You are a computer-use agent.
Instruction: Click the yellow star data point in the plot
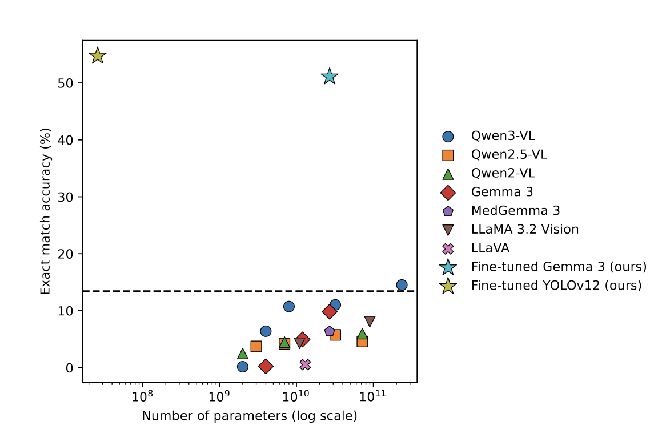tap(98, 55)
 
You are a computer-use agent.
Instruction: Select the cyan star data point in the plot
tap(329, 76)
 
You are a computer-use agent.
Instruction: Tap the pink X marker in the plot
tap(305, 364)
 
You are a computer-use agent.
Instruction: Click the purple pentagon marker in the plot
tap(330, 331)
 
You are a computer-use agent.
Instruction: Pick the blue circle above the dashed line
tap(402, 285)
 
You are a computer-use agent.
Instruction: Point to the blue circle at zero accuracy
tap(243, 367)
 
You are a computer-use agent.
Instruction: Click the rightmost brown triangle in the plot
tap(370, 322)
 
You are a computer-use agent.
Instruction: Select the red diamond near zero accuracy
tap(266, 366)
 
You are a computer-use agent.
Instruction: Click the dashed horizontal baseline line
tap(171, 291)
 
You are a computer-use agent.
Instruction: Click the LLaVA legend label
tap(490, 248)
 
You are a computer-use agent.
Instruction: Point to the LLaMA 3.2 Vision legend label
tap(524, 230)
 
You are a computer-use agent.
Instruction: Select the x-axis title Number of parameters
tap(250, 416)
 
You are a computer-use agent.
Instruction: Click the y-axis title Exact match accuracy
tap(46, 211)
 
